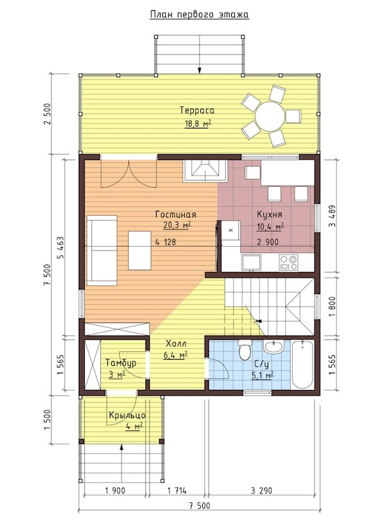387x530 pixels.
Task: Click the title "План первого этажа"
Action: coord(199,15)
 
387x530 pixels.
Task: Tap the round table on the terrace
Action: coord(270,116)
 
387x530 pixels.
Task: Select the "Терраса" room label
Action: coord(197,110)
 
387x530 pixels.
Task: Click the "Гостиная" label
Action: coord(176,215)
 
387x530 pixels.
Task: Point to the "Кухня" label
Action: coord(270,215)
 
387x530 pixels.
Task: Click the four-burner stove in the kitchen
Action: coord(288,263)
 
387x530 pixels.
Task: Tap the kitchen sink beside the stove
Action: coord(251,263)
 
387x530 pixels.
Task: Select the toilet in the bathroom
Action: coord(245,349)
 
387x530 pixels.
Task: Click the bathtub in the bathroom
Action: coord(302,364)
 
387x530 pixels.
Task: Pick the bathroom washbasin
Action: coord(274,346)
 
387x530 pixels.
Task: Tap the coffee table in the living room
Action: coord(139,250)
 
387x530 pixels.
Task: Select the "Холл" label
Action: coord(176,344)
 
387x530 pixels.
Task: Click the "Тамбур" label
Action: coord(121,363)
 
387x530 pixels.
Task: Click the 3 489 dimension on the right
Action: coord(332,216)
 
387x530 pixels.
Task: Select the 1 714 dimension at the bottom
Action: coord(176,490)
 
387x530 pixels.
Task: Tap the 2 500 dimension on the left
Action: coord(47,114)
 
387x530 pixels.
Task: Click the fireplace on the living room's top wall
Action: coord(205,171)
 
